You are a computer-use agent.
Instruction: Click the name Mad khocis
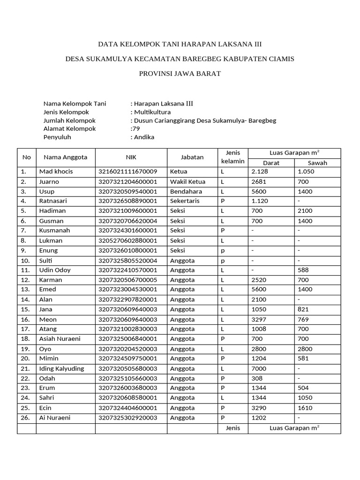[56, 172]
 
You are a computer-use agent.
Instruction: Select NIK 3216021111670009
[127, 172]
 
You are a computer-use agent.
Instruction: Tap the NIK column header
[131, 157]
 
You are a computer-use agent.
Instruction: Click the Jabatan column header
[192, 157]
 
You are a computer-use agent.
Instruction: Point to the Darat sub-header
[271, 163]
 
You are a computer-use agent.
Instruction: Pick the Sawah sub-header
[317, 163]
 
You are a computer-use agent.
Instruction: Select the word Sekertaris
[185, 201]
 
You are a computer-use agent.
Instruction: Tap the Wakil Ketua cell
[187, 181]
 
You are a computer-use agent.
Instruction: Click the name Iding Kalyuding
[62, 368]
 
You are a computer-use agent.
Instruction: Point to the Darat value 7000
[259, 368]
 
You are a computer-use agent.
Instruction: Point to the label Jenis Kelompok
[66, 112]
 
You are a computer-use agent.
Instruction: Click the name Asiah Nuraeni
[60, 339]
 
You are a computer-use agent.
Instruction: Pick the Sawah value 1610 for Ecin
[305, 408]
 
